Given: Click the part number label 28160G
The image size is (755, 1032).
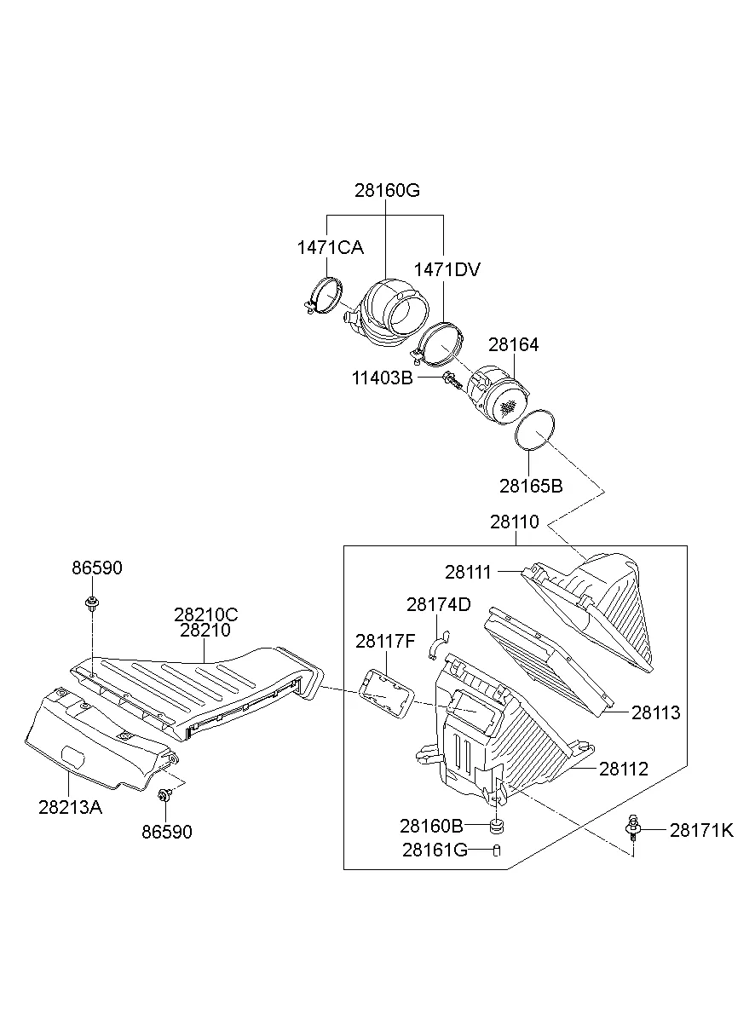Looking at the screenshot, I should pyautogui.click(x=387, y=190).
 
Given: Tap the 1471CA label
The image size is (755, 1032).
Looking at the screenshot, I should pyautogui.click(x=330, y=247).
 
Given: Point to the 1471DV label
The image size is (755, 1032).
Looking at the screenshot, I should pyautogui.click(x=447, y=270).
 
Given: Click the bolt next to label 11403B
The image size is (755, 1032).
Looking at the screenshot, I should pyautogui.click(x=452, y=379).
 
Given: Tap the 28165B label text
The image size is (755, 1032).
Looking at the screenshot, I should pyautogui.click(x=531, y=486).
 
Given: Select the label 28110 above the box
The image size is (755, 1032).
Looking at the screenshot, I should pyautogui.click(x=515, y=522).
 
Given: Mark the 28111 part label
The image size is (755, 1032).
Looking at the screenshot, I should pyautogui.click(x=468, y=572).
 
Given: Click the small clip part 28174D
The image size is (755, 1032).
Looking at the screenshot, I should pyautogui.click(x=437, y=645).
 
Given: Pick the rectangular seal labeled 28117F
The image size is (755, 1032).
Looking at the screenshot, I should pyautogui.click(x=385, y=691).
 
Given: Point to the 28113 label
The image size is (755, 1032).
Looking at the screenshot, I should pyautogui.click(x=656, y=712).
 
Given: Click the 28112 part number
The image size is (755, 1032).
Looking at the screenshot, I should pyautogui.click(x=624, y=769).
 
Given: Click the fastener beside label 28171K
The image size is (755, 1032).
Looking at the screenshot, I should pyautogui.click(x=633, y=828).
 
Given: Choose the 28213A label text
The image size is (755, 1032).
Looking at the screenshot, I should pyautogui.click(x=70, y=807).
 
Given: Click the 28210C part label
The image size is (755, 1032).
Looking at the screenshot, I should pyautogui.click(x=205, y=614).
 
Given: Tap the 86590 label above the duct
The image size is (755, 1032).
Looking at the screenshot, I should pyautogui.click(x=96, y=568).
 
